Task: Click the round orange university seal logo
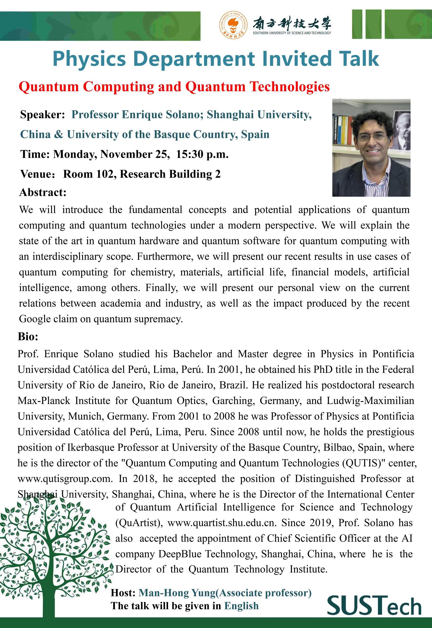[x=233, y=25]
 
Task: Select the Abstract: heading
[x=43, y=192]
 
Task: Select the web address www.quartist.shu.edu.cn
[x=222, y=523]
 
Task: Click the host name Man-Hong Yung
[x=177, y=593]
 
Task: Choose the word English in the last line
[x=241, y=606]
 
